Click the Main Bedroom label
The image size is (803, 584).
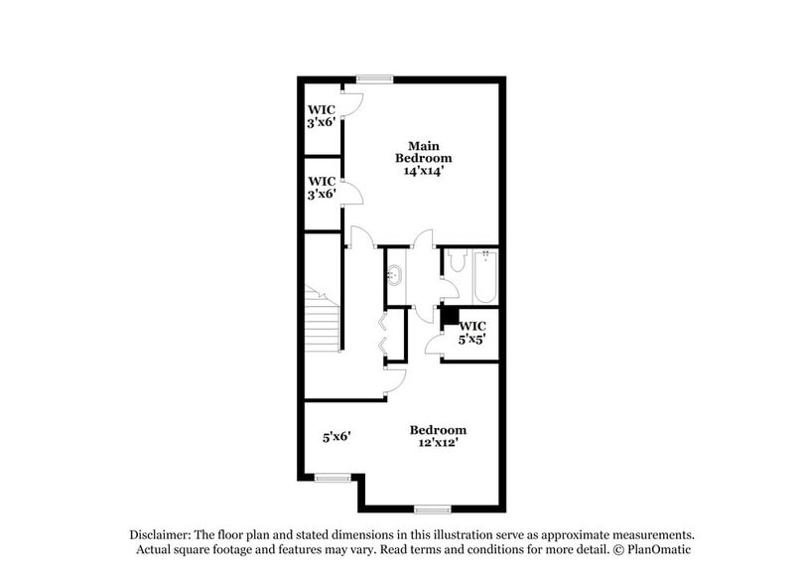(424, 152)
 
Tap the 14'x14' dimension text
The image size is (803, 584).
(424, 171)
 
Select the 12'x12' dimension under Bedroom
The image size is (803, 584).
(438, 443)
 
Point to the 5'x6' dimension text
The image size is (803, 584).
(336, 436)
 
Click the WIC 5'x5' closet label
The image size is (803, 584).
(471, 333)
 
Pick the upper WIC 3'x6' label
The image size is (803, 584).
(321, 116)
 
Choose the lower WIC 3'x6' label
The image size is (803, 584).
(321, 188)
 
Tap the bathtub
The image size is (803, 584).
(485, 277)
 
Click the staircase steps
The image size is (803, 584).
(323, 323)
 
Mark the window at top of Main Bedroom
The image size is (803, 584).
(374, 79)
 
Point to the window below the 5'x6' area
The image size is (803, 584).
(333, 479)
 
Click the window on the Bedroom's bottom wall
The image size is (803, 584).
(433, 510)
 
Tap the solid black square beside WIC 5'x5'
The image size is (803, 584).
(449, 315)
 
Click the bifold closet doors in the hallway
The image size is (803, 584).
(382, 335)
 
